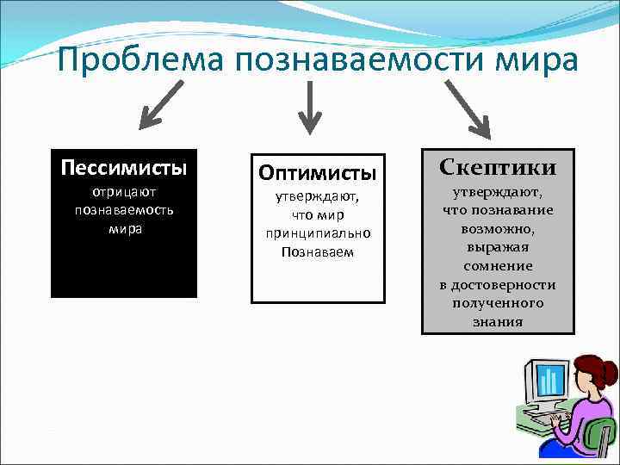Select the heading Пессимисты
click(x=123, y=165)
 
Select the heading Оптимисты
click(x=318, y=172)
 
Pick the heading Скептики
click(x=497, y=167)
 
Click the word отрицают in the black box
click(x=124, y=193)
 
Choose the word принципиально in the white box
click(x=318, y=233)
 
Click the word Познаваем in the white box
click(x=318, y=251)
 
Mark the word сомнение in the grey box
click(x=498, y=266)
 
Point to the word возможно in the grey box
click(x=498, y=229)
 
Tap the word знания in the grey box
click(x=498, y=322)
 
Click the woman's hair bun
click(x=610, y=373)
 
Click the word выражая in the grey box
click(x=498, y=248)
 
